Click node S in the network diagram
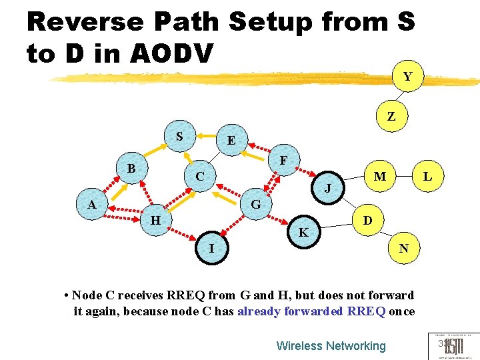point(179,137)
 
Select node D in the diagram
point(367,220)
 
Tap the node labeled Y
point(407,77)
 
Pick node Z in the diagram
point(391,117)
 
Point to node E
point(231,141)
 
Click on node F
point(283,161)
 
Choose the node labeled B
point(131,169)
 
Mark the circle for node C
point(200,177)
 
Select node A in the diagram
point(92,205)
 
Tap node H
point(155,219)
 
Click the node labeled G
point(255,204)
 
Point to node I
point(211,249)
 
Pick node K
point(303,233)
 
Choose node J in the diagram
point(328,189)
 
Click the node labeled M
point(379,177)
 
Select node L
point(427,177)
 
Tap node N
point(403,249)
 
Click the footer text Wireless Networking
point(331,345)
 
